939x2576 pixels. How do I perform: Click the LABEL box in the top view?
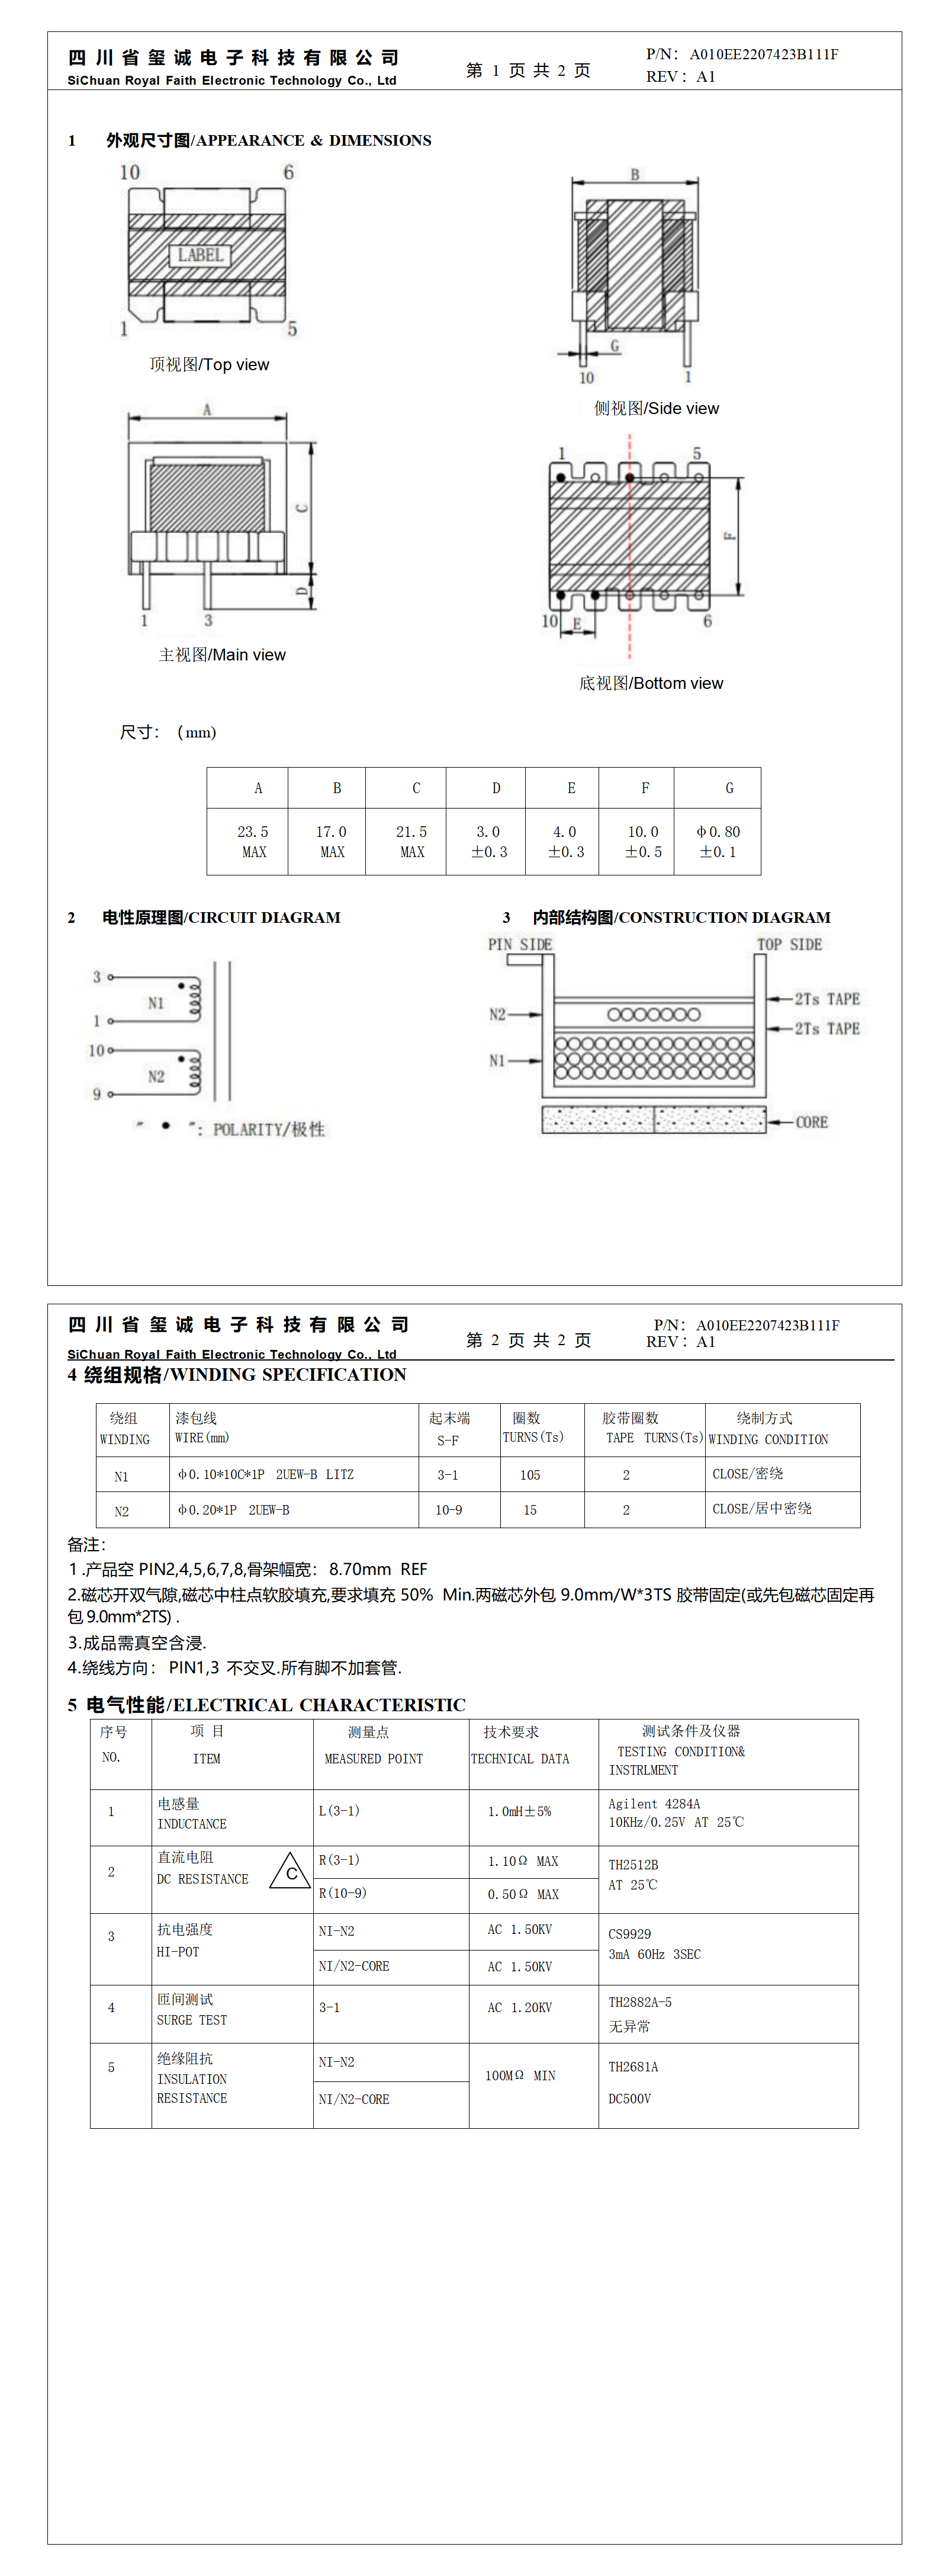tap(200, 255)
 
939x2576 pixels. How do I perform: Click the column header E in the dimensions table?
tap(571, 788)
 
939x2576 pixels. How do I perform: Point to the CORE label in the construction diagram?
tap(811, 1122)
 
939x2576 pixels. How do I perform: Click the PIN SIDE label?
tap(520, 944)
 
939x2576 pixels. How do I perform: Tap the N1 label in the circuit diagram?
tap(156, 1003)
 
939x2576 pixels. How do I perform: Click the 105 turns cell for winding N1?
tap(530, 1475)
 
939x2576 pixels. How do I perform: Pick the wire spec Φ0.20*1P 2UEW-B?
tap(234, 1510)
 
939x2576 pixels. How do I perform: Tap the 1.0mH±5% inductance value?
tap(519, 1811)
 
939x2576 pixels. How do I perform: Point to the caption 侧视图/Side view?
tap(656, 408)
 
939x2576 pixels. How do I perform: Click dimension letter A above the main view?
tap(207, 409)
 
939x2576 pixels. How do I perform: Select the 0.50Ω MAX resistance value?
tap(523, 1894)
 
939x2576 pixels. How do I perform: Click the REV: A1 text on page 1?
tap(680, 77)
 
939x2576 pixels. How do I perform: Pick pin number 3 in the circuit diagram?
tap(97, 977)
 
